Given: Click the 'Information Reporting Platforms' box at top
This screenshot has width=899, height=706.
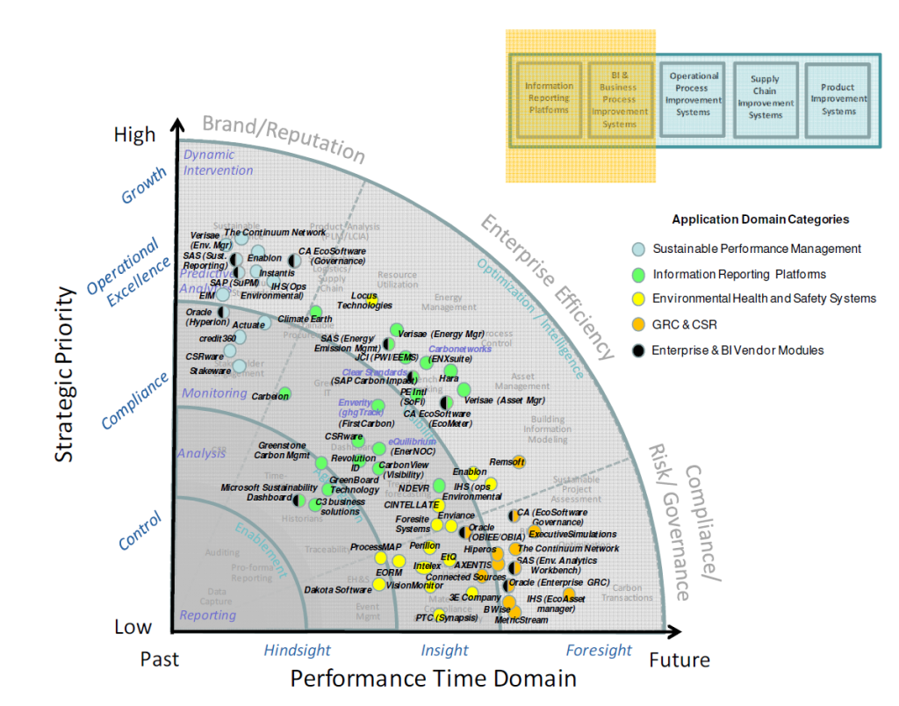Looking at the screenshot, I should point(549,98).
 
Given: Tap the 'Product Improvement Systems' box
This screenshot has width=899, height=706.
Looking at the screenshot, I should point(838,98).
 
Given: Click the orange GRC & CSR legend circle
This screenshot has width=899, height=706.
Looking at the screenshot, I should point(639,324).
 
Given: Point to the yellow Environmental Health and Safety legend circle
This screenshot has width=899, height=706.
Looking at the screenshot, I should point(639,299).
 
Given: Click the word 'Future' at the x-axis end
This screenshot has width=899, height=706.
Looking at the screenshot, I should point(679,659).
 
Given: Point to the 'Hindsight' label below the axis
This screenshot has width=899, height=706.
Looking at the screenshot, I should point(297,651).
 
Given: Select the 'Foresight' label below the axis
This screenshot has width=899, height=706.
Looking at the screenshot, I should point(599,651).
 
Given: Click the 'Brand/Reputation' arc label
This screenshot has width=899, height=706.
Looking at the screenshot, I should point(283,137).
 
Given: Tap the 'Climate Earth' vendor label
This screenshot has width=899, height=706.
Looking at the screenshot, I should point(281,320).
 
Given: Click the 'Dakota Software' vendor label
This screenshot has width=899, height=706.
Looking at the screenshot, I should point(337,590).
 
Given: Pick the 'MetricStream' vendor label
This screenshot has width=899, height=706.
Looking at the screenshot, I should point(521,620).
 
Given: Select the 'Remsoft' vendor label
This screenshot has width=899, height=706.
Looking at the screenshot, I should point(506,462).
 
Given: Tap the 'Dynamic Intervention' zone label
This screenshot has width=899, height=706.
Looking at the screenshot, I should point(218,162).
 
